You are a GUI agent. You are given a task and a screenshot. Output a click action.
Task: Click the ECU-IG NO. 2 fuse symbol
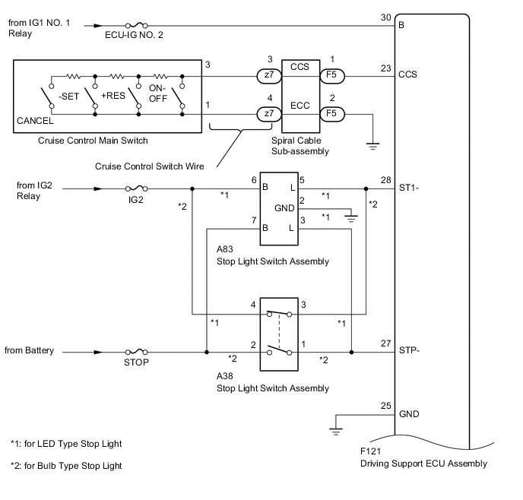click(x=135, y=24)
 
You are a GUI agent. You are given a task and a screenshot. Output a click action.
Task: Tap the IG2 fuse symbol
click(x=136, y=189)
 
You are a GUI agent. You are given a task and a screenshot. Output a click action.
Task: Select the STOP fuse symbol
click(x=136, y=352)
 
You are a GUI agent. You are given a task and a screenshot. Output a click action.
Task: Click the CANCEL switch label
click(x=35, y=121)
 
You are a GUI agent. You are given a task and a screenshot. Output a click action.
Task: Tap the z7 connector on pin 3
click(x=267, y=76)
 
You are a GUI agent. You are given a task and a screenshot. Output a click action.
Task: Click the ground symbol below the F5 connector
click(x=372, y=144)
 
